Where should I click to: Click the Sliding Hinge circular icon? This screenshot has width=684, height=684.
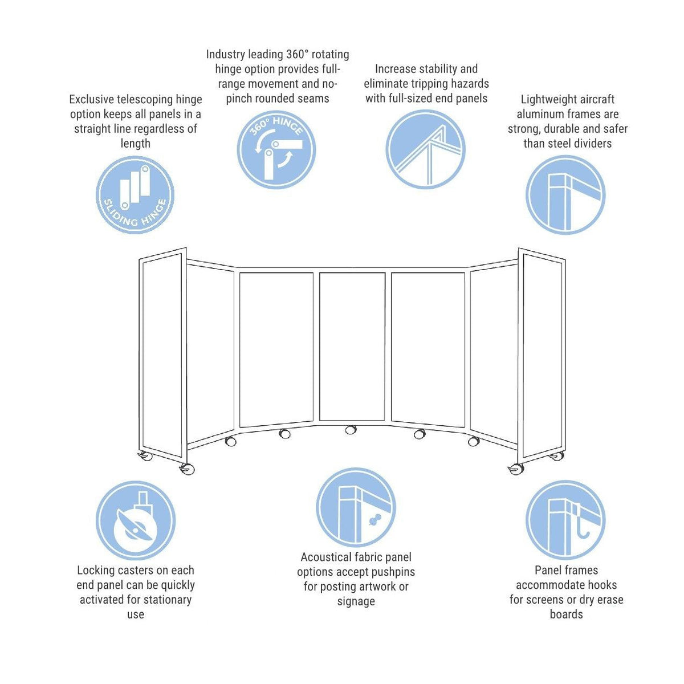pyautogui.click(x=135, y=195)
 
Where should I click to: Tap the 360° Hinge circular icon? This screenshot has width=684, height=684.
pyautogui.click(x=276, y=149)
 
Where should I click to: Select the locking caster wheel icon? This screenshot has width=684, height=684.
pyautogui.click(x=135, y=520)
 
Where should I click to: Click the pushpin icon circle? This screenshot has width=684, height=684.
pyautogui.click(x=356, y=507)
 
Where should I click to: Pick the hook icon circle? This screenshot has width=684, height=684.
pyautogui.click(x=565, y=520)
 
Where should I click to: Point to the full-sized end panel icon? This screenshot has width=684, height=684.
pyautogui.click(x=425, y=149)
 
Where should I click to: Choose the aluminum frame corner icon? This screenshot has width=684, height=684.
pyautogui.click(x=565, y=195)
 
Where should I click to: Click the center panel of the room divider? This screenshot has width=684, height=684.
pyautogui.click(x=352, y=347)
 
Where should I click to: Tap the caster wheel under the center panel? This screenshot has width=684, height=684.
pyautogui.click(x=351, y=430)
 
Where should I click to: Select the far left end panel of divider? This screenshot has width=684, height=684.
pyautogui.click(x=162, y=353)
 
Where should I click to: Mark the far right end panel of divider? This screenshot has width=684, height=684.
pyautogui.click(x=542, y=353)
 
